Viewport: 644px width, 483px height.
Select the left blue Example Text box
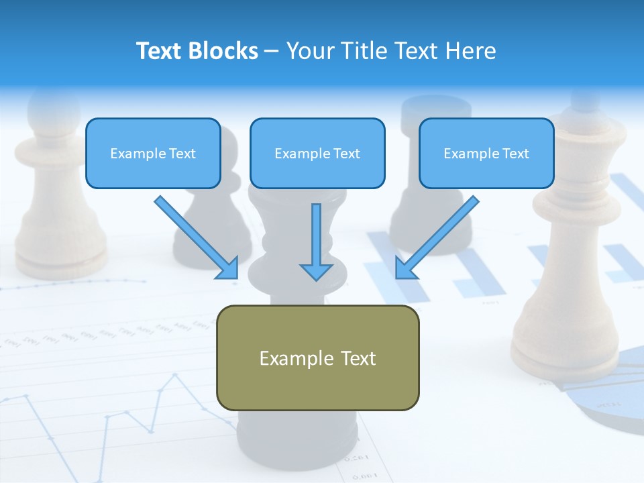[153, 154]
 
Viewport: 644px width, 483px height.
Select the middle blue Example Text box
[317, 154]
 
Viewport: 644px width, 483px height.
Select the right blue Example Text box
[486, 154]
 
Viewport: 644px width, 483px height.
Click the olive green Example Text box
[317, 358]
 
